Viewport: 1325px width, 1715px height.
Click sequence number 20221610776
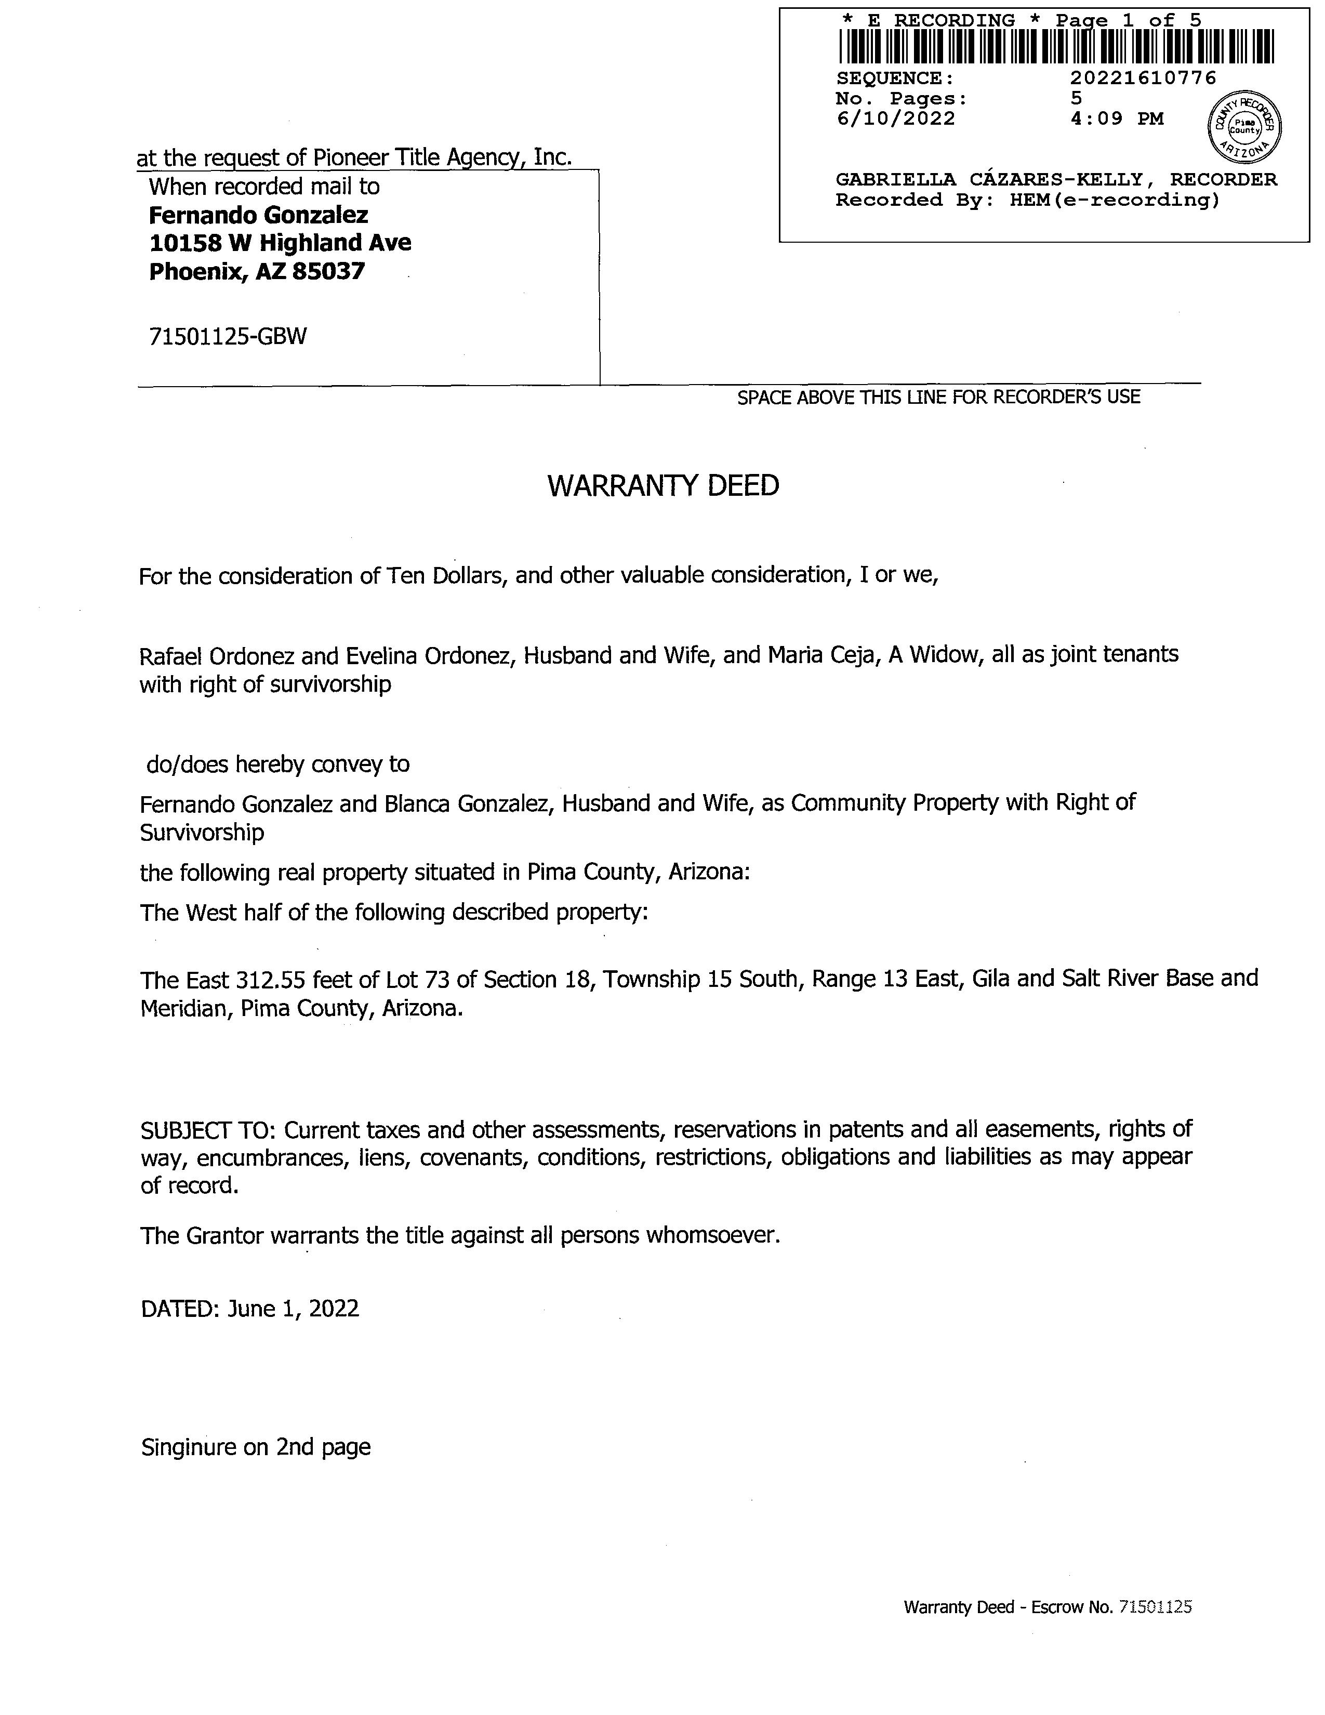(1143, 78)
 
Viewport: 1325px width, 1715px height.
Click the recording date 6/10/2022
(896, 118)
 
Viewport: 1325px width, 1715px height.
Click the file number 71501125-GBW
(228, 336)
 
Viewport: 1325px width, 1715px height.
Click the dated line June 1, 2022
(293, 1308)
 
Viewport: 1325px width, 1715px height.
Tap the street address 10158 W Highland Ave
(280, 243)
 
